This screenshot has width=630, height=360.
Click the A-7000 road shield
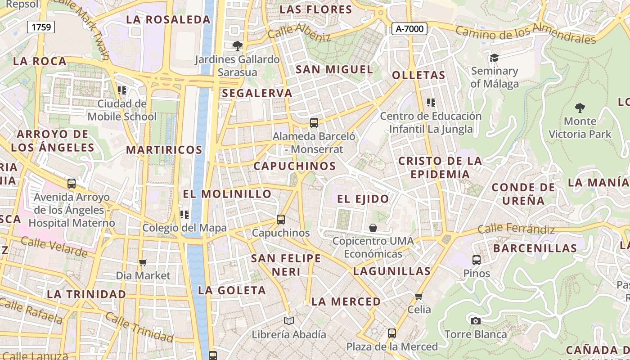(409, 29)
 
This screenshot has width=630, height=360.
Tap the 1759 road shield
(41, 27)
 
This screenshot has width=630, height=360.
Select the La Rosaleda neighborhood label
(168, 19)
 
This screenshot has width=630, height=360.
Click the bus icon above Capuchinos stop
(281, 220)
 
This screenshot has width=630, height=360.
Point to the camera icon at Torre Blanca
(475, 321)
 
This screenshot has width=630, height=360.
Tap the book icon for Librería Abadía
(289, 321)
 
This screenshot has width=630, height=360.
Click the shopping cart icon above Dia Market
(143, 262)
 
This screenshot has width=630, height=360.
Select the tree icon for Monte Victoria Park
(580, 108)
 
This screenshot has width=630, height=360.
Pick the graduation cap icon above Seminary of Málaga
(494, 58)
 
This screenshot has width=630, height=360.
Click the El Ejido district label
(363, 199)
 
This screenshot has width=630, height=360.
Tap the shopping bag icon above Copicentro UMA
(373, 228)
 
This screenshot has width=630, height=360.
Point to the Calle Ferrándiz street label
(516, 229)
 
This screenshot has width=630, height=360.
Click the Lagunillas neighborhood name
(392, 271)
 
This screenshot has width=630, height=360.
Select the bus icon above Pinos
(476, 260)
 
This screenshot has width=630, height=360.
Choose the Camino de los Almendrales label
(526, 34)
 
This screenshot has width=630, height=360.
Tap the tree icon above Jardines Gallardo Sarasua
(237, 45)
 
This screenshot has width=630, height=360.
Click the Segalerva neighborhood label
(257, 93)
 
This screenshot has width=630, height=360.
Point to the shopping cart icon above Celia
(419, 296)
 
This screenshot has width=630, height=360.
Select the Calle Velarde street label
(54, 247)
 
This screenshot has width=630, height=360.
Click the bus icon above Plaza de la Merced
(392, 333)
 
